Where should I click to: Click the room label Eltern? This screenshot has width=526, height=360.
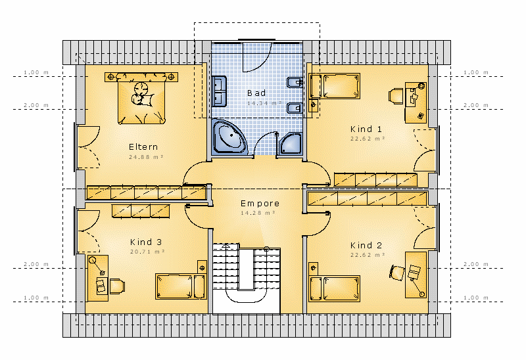point(143,146)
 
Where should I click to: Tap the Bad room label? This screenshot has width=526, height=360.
point(256,93)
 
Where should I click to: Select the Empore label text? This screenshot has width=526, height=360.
point(260,204)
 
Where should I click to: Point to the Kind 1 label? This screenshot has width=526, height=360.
point(366,129)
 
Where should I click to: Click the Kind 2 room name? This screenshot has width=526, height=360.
point(366,245)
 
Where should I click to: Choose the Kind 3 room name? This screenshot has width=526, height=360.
point(146,242)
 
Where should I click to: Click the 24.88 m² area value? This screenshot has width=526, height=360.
point(146,157)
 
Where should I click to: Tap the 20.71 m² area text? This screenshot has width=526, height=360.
point(147,252)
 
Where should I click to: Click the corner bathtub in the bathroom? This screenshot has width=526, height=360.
point(229,137)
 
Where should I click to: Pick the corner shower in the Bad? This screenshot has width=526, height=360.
point(291,144)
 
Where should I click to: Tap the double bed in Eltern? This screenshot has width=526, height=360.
point(141,99)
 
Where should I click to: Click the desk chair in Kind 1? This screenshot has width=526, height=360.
point(396,96)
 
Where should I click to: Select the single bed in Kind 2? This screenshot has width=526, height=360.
point(334,288)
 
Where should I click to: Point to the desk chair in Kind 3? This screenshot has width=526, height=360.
point(117,286)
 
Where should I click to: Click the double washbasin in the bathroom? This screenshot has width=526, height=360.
point(219,91)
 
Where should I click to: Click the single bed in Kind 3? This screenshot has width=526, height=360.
point(181,286)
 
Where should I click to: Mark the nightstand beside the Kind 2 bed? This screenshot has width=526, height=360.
point(314,269)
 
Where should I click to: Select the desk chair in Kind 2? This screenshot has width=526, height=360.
point(398,273)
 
